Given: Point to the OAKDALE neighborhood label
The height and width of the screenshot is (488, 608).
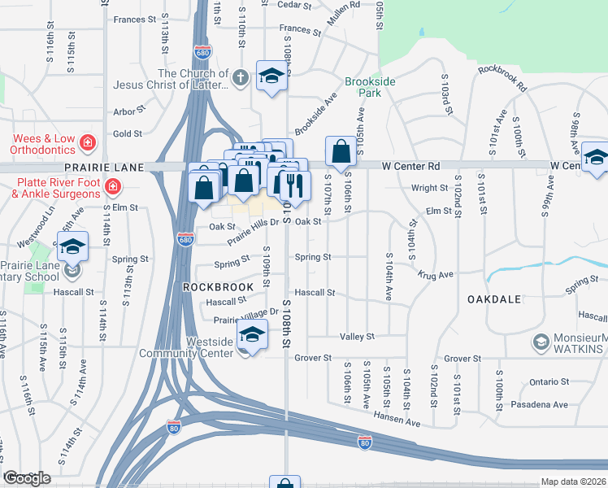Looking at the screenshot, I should [x=493, y=299].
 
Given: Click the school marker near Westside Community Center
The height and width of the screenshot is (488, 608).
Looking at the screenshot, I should [x=252, y=334].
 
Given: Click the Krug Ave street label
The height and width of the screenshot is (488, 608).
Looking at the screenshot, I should [x=435, y=277].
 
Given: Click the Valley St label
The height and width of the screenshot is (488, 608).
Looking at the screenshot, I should [x=357, y=336].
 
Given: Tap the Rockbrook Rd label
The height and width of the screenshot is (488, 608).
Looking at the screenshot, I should [x=502, y=77].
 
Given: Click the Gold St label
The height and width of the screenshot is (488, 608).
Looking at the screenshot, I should [x=128, y=133].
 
